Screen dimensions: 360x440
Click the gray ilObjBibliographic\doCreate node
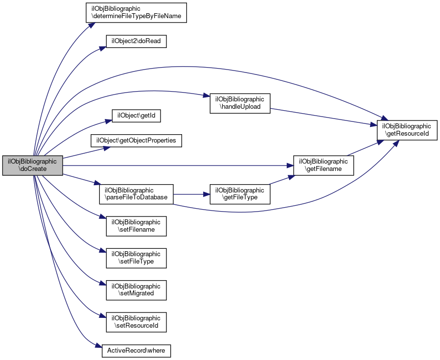coord(33,166)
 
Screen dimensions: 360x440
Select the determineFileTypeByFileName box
coord(137,12)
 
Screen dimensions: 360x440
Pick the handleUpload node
coord(240,103)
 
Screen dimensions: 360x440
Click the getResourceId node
coord(406,129)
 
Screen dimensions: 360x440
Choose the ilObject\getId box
coord(137,116)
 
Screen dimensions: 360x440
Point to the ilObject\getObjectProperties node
coord(137,141)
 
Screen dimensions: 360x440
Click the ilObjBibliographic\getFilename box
coord(323,166)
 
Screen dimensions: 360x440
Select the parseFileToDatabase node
coord(136,194)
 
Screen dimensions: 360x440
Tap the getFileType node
coord(240,194)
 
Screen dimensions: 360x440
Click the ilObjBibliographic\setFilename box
coord(137,225)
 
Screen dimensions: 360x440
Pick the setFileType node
coord(137,258)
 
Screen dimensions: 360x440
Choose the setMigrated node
coord(137,289)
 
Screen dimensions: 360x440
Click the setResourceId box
coord(137,321)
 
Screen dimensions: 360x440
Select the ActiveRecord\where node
coord(137,351)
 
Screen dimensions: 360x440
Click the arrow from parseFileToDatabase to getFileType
coord(191,194)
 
